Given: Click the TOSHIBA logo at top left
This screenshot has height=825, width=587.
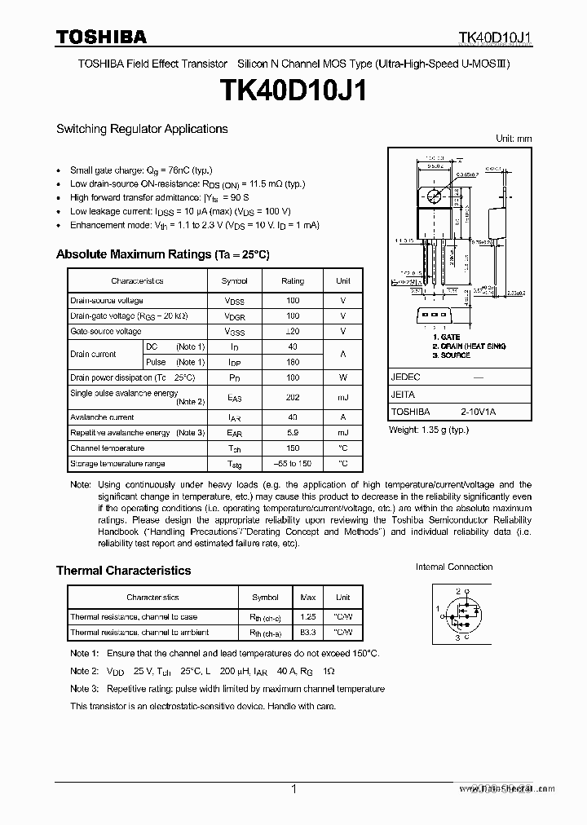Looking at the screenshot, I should pos(101,36).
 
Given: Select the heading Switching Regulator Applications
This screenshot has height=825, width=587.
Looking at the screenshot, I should pos(142,129).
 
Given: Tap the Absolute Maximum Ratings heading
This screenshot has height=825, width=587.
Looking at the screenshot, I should pos(162,254).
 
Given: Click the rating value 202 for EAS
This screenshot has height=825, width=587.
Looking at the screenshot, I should pos(293,397).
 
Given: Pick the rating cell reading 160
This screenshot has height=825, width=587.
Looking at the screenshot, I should pos(293,362).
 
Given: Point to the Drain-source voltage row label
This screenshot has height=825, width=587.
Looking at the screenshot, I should pos(106,301).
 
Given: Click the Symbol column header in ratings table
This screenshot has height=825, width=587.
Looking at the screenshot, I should pos(234,280).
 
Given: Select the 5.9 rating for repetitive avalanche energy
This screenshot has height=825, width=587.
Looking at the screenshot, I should pos(293,433).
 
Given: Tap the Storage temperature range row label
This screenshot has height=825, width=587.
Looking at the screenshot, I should pos(117,464).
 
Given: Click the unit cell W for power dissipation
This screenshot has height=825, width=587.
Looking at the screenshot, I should pos(343,377).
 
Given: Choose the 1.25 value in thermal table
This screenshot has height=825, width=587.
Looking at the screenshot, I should pos(309,617).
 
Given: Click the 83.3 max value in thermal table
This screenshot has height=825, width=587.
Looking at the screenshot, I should pos(309,633).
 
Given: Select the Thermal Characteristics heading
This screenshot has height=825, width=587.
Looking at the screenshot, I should pos(123,571).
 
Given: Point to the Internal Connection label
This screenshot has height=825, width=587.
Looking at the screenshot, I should pos(454,567).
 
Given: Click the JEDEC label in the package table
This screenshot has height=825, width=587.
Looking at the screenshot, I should pos(405,377).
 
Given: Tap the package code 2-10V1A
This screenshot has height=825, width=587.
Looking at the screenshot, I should pos(477,412).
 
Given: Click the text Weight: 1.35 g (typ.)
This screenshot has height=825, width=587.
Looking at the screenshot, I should pos(428,429).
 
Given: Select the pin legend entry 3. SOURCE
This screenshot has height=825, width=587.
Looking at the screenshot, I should pos(452,355).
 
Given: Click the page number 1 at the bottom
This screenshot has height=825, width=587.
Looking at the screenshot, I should pos(293,788).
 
